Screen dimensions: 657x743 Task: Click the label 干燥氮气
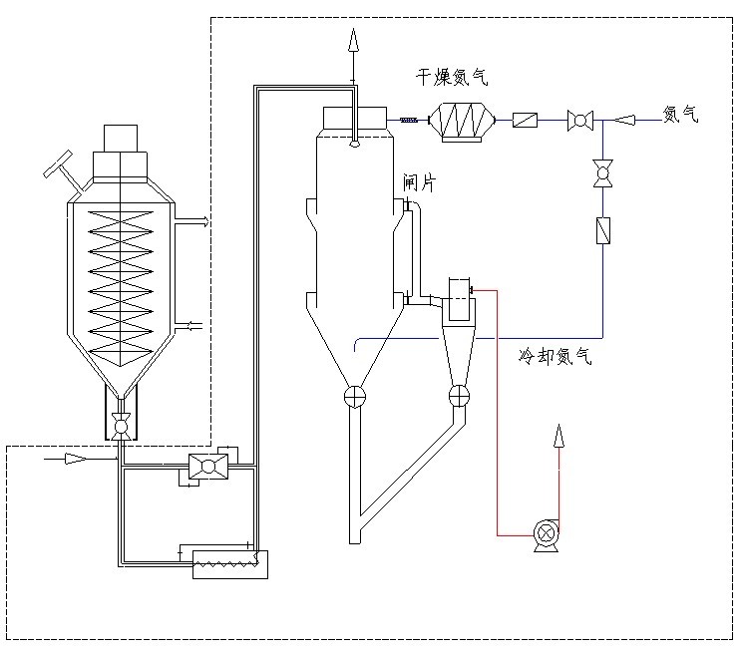tap(452, 76)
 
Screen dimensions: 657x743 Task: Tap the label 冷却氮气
tap(554, 356)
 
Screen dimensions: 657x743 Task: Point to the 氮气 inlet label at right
tap(681, 115)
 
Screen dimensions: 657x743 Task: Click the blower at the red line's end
tap(546, 533)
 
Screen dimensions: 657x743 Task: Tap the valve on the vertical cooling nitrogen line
tap(601, 172)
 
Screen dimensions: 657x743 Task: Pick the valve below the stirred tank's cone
tap(121, 426)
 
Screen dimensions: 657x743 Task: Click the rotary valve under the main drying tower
tap(354, 396)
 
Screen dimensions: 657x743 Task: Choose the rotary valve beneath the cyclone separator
tap(458, 396)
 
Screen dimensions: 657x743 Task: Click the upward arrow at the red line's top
tap(557, 436)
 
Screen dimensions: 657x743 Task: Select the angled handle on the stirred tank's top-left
tap(59, 165)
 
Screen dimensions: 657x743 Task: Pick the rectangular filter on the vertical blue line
tap(601, 231)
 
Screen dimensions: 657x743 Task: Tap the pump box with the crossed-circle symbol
tap(208, 464)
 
